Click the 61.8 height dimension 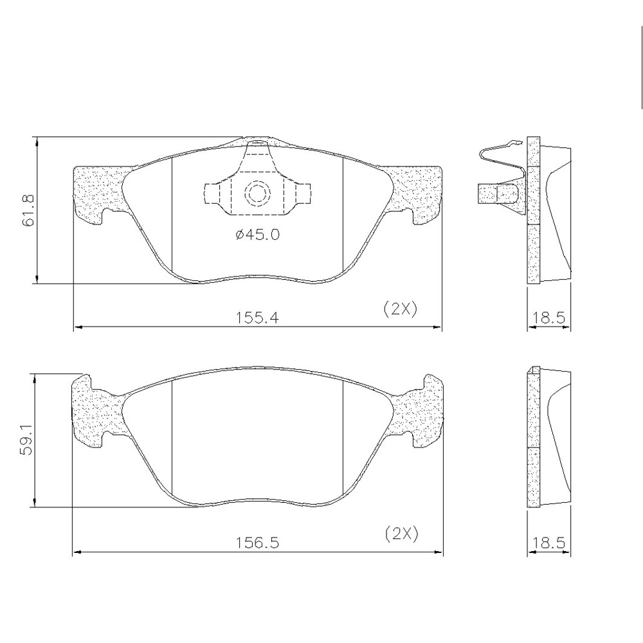(x=30, y=211)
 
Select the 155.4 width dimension (x=257, y=318)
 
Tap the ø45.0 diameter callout (x=258, y=235)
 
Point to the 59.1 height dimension (x=27, y=439)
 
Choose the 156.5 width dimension (x=257, y=543)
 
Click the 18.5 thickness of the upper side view (x=548, y=318)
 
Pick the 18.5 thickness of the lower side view (x=548, y=543)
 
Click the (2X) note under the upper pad (x=400, y=309)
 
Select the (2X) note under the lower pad (x=402, y=534)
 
